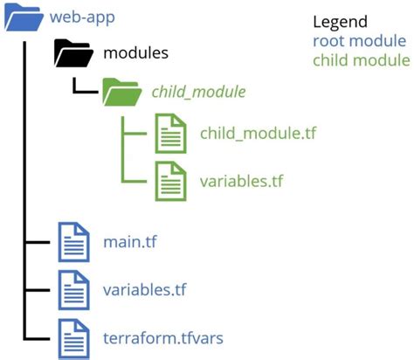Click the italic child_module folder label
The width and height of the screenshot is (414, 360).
click(x=198, y=91)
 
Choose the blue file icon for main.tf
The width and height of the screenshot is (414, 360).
click(x=72, y=241)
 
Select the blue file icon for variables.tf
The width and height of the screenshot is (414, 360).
click(x=72, y=287)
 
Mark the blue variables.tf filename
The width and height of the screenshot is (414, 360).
click(x=143, y=288)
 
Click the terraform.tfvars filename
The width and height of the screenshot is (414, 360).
click(x=162, y=336)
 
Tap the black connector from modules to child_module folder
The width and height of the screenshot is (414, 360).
click(x=84, y=87)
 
